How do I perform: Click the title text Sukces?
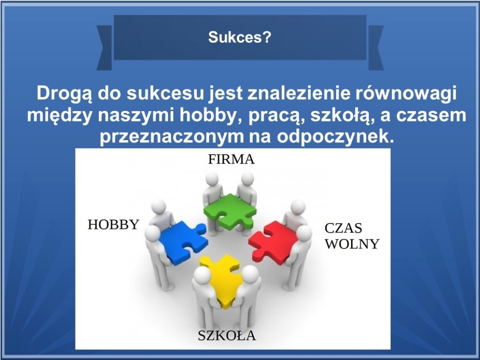(x=240, y=37)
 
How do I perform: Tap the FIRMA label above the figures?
(x=231, y=159)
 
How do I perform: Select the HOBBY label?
(x=113, y=225)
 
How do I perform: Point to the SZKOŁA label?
(x=227, y=336)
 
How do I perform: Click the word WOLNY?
(x=352, y=244)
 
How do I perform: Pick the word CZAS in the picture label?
(x=343, y=228)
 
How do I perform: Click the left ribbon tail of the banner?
(x=105, y=48)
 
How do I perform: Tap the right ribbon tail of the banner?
(x=376, y=48)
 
